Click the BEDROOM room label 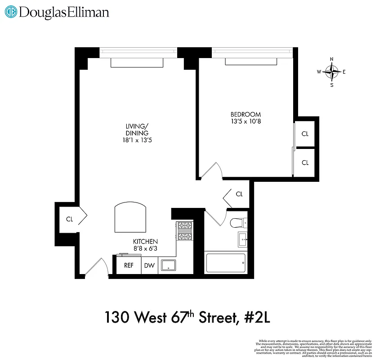pos(246,114)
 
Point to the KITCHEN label pos(145,241)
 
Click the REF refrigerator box pos(129,265)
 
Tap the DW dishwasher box pos(149,265)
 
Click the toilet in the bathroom pos(237,223)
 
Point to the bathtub pos(226,263)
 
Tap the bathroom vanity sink pos(242,240)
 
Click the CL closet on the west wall pos(70,219)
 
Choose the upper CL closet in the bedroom pos(305,134)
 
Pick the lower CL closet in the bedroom pos(305,162)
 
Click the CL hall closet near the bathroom pos(239,194)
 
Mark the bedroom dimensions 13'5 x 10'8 pos(246,121)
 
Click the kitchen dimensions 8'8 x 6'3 pos(145,248)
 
